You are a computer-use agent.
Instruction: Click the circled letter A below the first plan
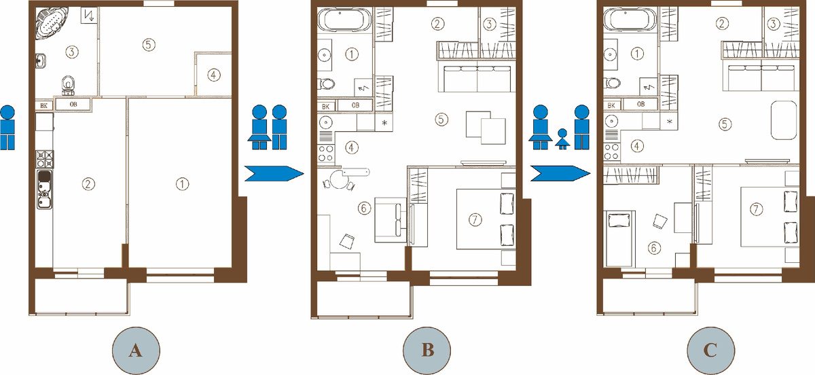coord(136,351)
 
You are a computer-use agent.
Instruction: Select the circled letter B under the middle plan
coord(427,351)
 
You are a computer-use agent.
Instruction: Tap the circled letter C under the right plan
coord(710,351)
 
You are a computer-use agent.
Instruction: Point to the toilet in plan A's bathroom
coord(68,85)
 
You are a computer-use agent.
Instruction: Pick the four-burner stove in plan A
coord(45,159)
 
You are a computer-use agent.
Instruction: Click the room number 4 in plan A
coord(213,75)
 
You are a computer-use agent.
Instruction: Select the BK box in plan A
coord(43,105)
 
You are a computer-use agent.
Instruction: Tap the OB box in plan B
coord(355,105)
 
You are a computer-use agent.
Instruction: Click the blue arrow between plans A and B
coord(274,173)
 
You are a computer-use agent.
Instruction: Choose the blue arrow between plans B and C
coord(560,173)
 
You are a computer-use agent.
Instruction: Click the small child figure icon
coord(562,139)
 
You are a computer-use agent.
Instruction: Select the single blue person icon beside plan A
coord(7,128)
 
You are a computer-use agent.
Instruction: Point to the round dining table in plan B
coord(340,179)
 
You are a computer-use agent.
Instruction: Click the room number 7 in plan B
coord(475,219)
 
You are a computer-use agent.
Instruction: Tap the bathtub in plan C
coord(630,19)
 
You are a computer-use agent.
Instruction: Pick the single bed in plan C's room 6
coord(619,239)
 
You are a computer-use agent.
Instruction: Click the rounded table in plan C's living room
coord(783,120)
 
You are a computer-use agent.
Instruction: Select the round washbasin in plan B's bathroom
coord(324,55)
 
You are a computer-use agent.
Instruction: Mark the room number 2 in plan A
coord(88,184)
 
